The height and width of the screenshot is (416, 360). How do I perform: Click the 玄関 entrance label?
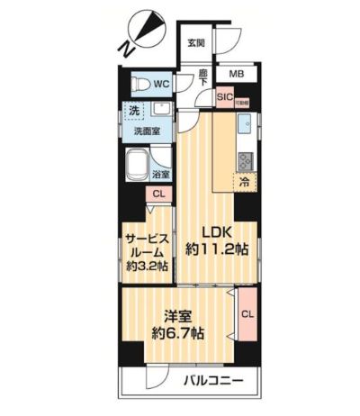point(195,42)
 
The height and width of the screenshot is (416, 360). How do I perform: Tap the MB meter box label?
point(235,75)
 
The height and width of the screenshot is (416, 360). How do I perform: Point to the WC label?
point(162,84)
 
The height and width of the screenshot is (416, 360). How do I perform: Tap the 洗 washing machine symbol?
point(133,112)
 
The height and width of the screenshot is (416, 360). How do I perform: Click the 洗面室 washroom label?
point(148,130)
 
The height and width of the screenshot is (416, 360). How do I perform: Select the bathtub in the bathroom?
point(139,166)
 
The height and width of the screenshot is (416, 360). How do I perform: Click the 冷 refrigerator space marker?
point(243,181)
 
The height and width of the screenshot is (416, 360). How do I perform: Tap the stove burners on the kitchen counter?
point(244,160)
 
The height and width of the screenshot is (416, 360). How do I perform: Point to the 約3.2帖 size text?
point(147,267)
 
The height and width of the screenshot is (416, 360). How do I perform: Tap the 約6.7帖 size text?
point(179,334)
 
